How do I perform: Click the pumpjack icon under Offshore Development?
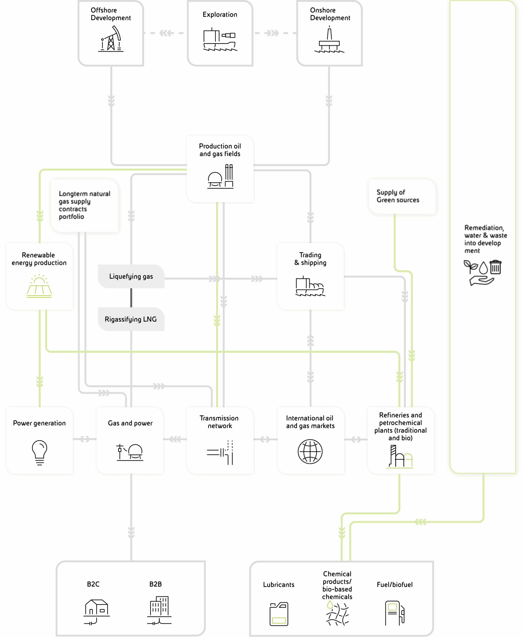tap(111, 39)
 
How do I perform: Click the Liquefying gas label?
tap(131, 276)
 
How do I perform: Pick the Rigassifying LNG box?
tap(131, 319)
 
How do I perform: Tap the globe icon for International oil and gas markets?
tap(310, 452)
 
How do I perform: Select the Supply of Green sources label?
tap(398, 196)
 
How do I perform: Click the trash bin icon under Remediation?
tap(495, 267)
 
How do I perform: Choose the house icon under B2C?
tap(96, 612)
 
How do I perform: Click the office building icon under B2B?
tap(159, 610)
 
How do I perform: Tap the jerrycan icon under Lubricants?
tap(279, 614)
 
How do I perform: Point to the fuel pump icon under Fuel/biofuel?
tap(395, 613)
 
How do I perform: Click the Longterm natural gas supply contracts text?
tap(84, 205)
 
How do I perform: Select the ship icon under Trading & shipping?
tap(310, 286)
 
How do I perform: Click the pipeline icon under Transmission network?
tap(220, 453)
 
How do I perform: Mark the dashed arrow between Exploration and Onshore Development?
tap(275, 33)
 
